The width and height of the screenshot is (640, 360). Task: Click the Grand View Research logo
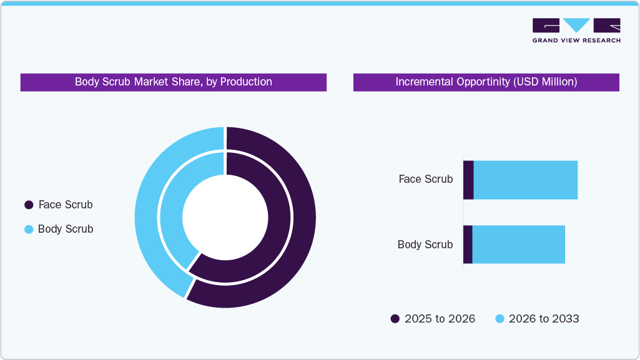[x=576, y=31]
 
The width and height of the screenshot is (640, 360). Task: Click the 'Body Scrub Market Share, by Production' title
[x=174, y=82]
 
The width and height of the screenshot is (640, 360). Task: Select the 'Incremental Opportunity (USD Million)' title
[x=486, y=82]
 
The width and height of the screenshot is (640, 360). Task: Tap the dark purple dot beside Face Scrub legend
[x=28, y=205]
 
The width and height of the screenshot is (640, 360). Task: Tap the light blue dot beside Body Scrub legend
[x=28, y=229]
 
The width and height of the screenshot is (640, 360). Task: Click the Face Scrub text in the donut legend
[x=66, y=205]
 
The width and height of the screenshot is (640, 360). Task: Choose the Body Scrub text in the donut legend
[x=66, y=229]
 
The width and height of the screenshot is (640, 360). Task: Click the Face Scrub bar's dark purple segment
[x=468, y=180]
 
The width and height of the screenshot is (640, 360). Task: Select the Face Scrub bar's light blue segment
[x=525, y=180]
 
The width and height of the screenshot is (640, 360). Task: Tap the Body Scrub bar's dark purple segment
[x=468, y=245]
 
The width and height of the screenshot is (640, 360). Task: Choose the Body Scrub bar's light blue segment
[x=518, y=245]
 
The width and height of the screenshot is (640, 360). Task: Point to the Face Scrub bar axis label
[x=426, y=179]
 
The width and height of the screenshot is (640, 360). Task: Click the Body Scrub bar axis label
[x=425, y=245]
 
